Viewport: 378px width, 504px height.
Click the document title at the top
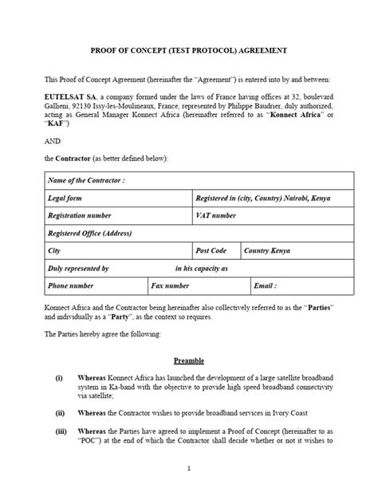[188, 49]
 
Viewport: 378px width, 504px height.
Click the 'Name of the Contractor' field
[87, 180]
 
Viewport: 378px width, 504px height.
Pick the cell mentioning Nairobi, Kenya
[262, 198]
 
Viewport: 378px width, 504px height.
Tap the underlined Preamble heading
[188, 360]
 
